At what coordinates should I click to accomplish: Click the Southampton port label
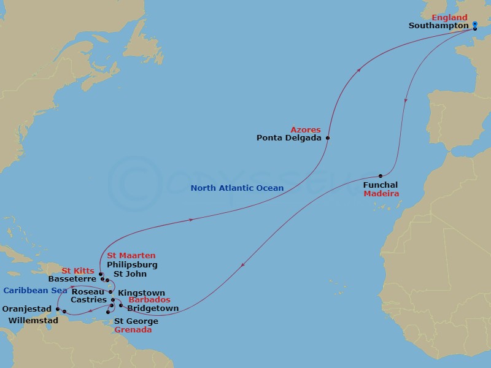click(x=439, y=26)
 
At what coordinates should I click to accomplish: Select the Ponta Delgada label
click(x=289, y=138)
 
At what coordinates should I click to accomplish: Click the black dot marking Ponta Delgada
click(x=328, y=138)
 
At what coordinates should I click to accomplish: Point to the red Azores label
click(x=306, y=129)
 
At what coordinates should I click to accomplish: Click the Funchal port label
click(x=381, y=185)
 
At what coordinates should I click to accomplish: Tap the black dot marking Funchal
click(x=381, y=176)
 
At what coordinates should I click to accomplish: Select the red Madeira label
click(x=381, y=194)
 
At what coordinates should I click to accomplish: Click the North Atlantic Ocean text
click(x=237, y=188)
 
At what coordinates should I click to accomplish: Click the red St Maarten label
click(x=131, y=255)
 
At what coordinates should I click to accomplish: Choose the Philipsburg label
click(x=132, y=264)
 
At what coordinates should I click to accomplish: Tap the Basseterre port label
click(x=72, y=278)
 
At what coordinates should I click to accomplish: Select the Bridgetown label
click(x=149, y=309)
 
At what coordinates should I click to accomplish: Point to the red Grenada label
click(x=133, y=329)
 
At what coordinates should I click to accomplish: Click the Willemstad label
click(x=34, y=320)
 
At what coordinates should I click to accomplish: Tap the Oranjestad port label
click(x=26, y=309)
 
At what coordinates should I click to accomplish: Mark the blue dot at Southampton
click(x=475, y=24)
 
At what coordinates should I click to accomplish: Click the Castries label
click(x=88, y=300)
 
